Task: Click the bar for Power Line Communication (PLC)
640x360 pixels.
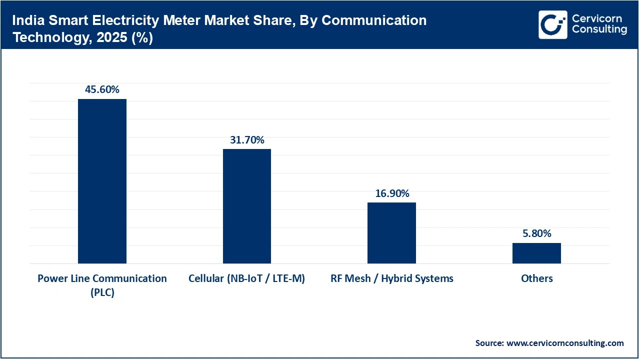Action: (x=102, y=181)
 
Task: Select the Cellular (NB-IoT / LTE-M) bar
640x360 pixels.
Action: (x=247, y=206)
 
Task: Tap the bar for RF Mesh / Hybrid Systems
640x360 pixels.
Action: (x=391, y=232)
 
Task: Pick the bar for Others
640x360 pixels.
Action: (x=536, y=253)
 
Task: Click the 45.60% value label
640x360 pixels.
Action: (x=102, y=90)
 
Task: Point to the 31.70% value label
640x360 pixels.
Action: (x=247, y=140)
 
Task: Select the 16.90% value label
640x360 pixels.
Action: (x=391, y=193)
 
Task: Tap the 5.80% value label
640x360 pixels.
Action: (x=536, y=233)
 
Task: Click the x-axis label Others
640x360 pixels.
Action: (x=536, y=278)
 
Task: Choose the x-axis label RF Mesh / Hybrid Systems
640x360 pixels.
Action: (x=391, y=278)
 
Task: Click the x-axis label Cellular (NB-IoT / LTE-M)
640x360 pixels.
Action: (x=247, y=278)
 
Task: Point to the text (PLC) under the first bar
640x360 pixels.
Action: (x=102, y=292)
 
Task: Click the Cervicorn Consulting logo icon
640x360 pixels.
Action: (x=552, y=24)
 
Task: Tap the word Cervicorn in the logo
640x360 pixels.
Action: (x=596, y=19)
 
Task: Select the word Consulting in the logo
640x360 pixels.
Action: (x=599, y=30)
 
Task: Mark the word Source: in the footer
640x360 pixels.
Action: (x=489, y=343)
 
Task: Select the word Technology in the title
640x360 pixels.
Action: (x=45, y=37)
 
